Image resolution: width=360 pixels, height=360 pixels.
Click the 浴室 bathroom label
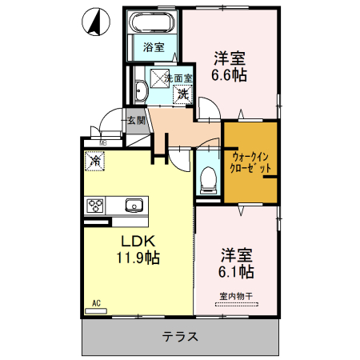tap(154, 47)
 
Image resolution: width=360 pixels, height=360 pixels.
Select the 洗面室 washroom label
tap(178, 78)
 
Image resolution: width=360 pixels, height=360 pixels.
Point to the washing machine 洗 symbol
tap(184, 94)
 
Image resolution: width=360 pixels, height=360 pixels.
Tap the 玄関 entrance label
tap(136, 122)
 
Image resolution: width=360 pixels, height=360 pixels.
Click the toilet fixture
tap(207, 178)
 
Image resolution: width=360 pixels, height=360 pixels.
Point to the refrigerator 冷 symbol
tap(94, 160)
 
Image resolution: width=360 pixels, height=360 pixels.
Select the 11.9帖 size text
tap(138, 258)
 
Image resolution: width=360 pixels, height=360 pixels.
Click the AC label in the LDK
tap(95, 303)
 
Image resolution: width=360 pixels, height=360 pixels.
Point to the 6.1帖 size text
tap(237, 272)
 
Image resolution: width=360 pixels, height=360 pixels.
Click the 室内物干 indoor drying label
tap(236, 298)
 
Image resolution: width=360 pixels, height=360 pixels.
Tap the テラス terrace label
tap(180, 338)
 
